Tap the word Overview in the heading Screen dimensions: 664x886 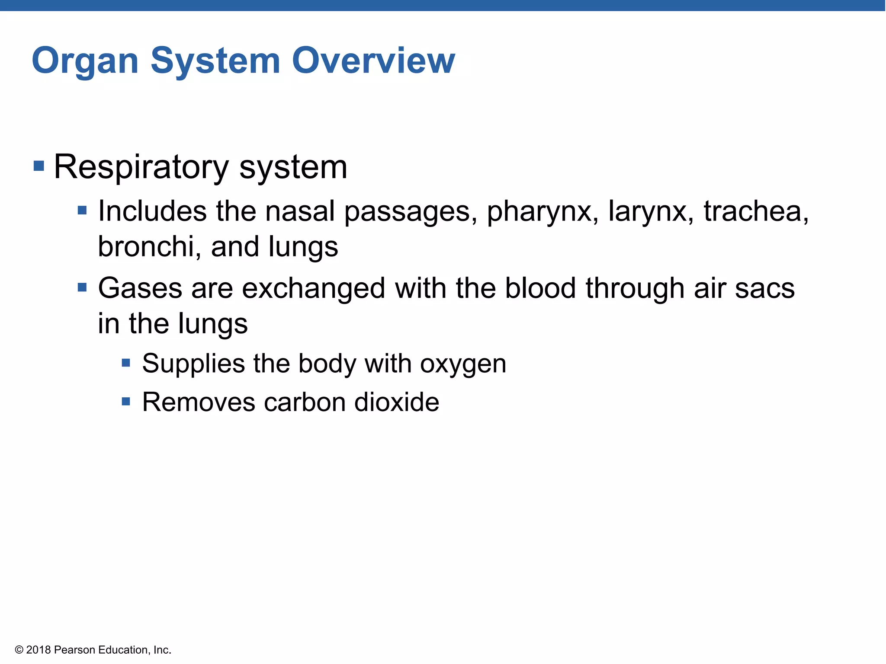pyautogui.click(x=373, y=61)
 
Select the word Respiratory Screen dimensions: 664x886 pyautogui.click(x=141, y=167)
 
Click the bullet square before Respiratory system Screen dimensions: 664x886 pyautogui.click(x=39, y=166)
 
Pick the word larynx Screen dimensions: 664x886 pyautogui.click(x=651, y=212)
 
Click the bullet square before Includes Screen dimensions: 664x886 pyautogui.click(x=82, y=211)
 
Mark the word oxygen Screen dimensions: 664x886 pyautogui.click(x=463, y=364)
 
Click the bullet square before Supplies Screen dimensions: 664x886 pyautogui.click(x=126, y=363)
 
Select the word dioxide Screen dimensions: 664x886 pyautogui.click(x=396, y=402)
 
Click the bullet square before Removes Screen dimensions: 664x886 pyautogui.click(x=126, y=402)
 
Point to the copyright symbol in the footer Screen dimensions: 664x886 pyautogui.click(x=19, y=650)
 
